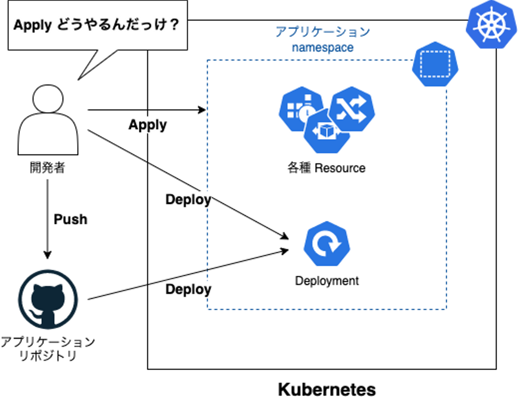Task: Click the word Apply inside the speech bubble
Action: (x=32, y=26)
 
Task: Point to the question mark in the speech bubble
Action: (x=174, y=25)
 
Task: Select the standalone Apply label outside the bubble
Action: (x=148, y=125)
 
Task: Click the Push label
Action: (x=70, y=219)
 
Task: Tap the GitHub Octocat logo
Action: (x=48, y=299)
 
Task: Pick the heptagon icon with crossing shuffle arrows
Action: (x=351, y=109)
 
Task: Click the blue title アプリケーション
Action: (x=323, y=32)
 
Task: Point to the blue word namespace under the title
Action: (x=323, y=48)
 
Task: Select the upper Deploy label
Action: (x=188, y=199)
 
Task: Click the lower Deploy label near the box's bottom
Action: (x=188, y=289)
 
